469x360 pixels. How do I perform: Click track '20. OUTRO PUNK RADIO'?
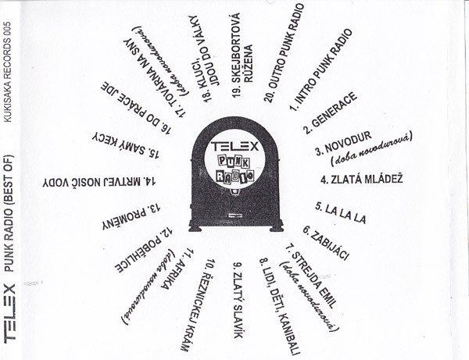coord(279,51)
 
